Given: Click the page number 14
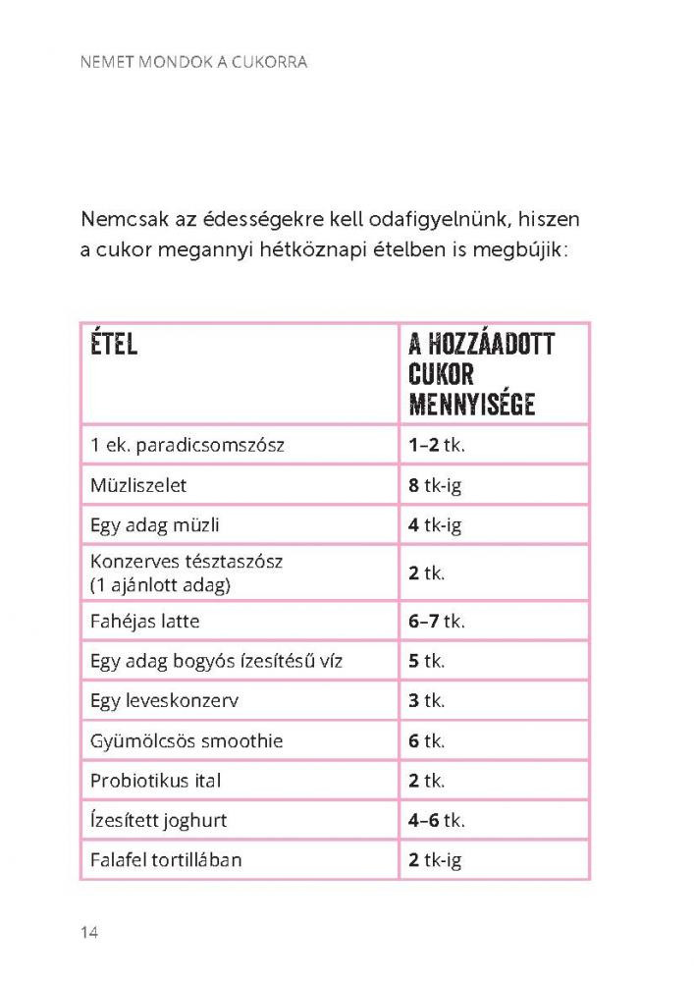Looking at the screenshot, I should (x=89, y=932).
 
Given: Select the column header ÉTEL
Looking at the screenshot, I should (x=113, y=345).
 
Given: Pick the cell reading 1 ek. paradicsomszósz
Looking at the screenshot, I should (x=187, y=445).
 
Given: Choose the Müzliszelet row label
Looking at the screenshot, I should (x=137, y=485).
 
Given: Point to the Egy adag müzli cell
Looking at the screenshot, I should (x=152, y=524).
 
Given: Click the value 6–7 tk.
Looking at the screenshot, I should (x=437, y=622).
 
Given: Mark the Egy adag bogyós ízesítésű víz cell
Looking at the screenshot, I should (x=216, y=661).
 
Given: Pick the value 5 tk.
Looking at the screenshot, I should (x=427, y=661).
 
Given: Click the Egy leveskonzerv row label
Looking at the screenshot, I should (x=165, y=701).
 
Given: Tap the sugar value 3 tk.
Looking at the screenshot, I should (x=427, y=701).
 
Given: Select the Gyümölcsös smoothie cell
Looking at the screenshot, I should (x=186, y=741).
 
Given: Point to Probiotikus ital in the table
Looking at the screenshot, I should (x=155, y=781).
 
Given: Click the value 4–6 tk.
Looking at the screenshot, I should (x=437, y=821).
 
